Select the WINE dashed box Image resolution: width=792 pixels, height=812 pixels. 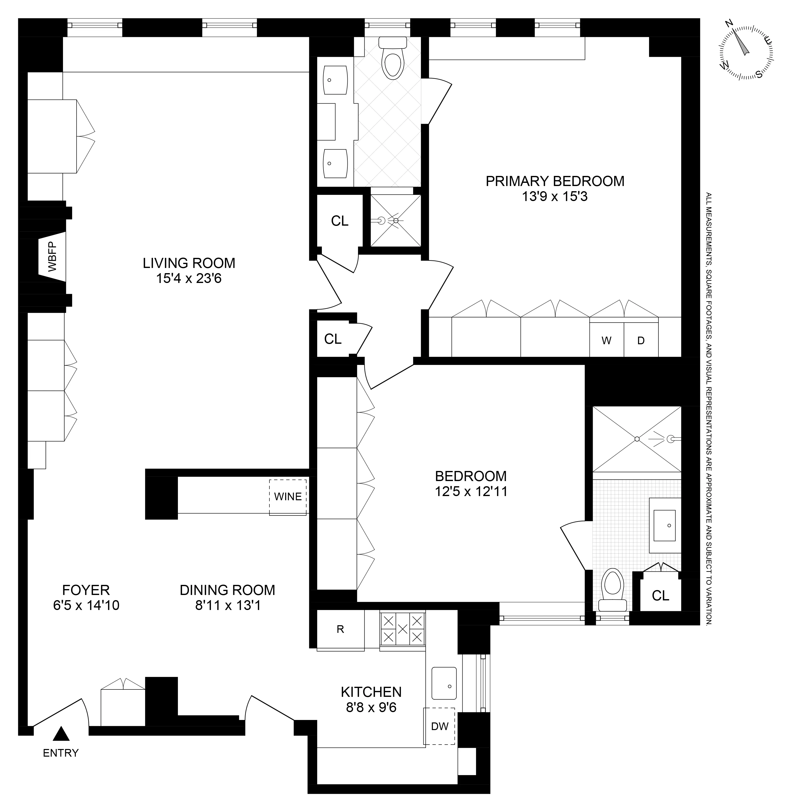288,497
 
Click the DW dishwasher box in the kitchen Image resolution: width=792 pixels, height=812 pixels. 440,726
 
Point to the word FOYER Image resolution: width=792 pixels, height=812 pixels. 86,590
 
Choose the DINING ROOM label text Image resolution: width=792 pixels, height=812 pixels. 228,590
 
